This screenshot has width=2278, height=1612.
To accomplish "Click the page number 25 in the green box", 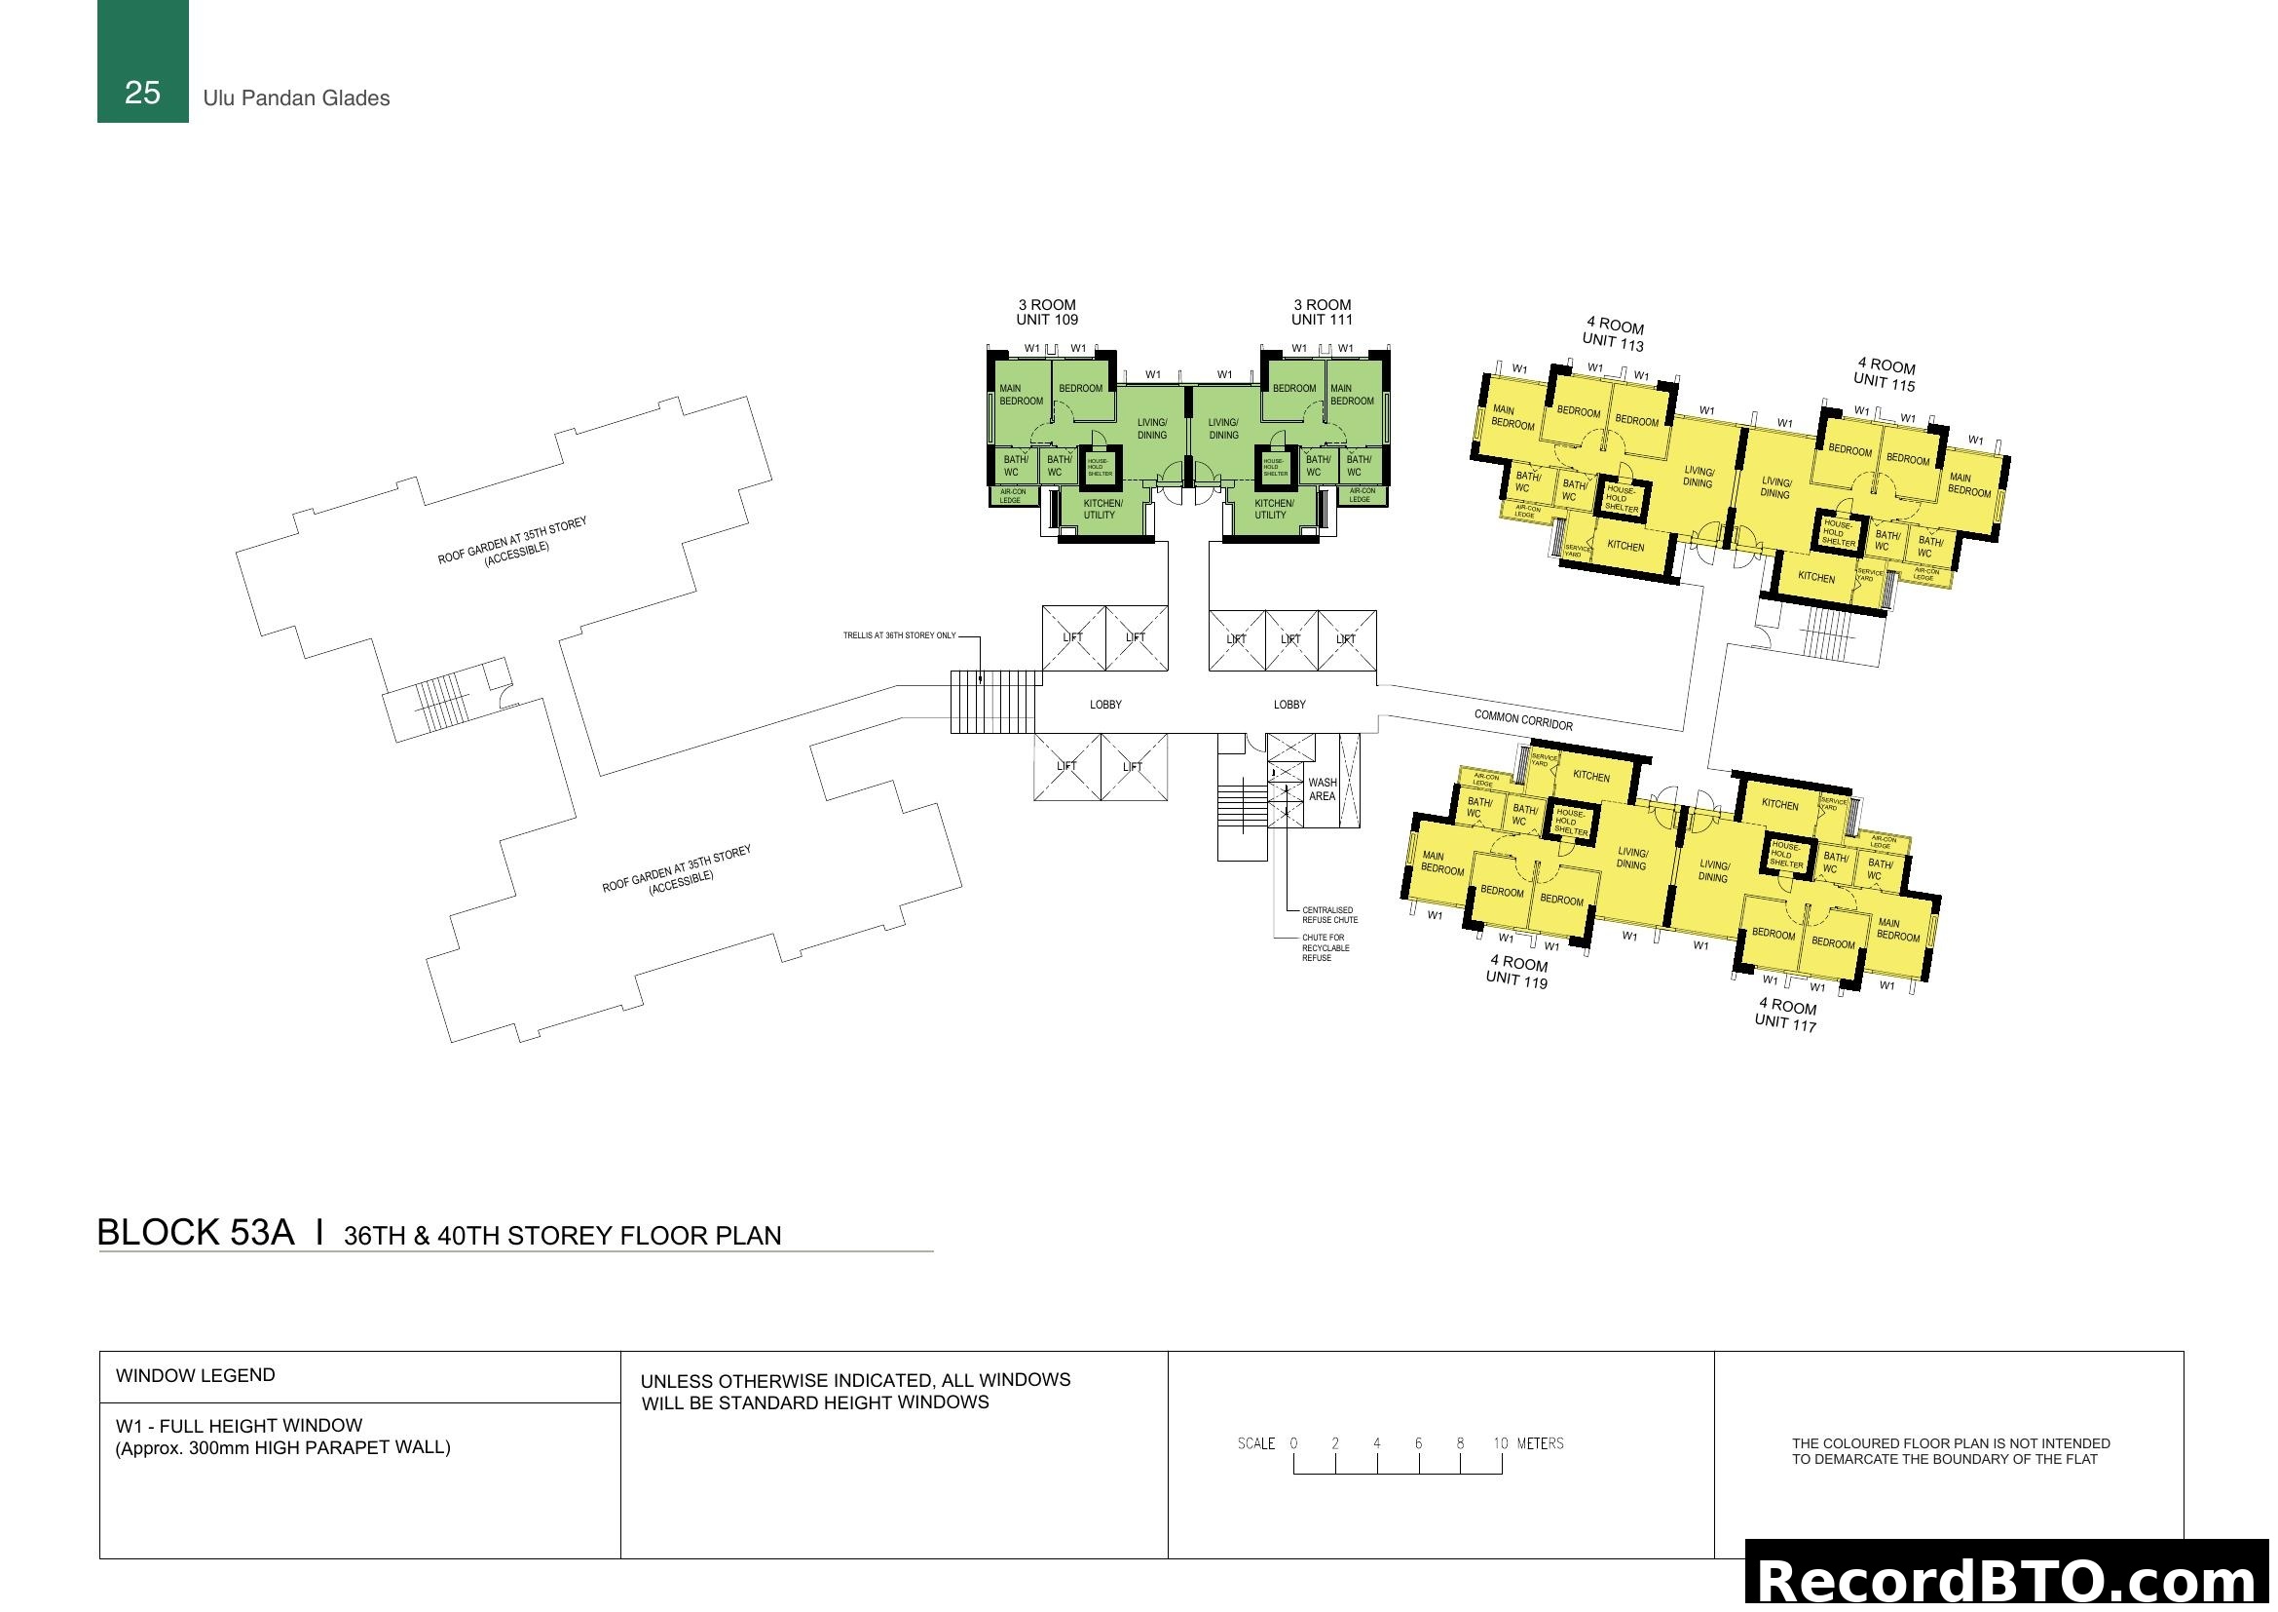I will pyautogui.click(x=142, y=93).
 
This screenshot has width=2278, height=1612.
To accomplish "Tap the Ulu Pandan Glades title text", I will pyautogui.click(x=296, y=98).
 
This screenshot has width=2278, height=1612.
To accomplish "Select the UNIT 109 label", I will pyautogui.click(x=1047, y=320).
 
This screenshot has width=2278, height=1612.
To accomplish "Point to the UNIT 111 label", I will pyautogui.click(x=1322, y=320).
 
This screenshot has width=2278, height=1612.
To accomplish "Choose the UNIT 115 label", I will pyautogui.click(x=1884, y=381).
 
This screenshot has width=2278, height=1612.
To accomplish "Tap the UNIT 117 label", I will pyautogui.click(x=1785, y=1022).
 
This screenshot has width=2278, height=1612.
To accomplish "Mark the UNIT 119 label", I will pyautogui.click(x=1516, y=979).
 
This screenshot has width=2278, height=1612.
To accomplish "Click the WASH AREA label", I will pyautogui.click(x=1322, y=789).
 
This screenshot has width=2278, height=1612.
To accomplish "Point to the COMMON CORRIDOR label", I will pyautogui.click(x=1523, y=720).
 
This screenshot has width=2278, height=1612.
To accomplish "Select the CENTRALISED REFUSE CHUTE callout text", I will pyautogui.click(x=1329, y=915).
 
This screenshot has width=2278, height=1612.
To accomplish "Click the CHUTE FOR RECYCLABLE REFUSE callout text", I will pyautogui.click(x=1325, y=948).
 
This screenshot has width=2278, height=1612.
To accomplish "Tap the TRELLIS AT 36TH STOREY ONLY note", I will pyautogui.click(x=899, y=635).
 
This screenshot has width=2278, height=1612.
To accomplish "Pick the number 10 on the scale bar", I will pyautogui.click(x=1500, y=1443).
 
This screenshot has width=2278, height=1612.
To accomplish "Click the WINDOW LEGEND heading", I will pyautogui.click(x=196, y=1376).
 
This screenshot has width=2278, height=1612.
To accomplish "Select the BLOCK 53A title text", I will pyautogui.click(x=196, y=1232).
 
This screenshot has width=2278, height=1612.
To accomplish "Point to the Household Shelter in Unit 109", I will pyautogui.click(x=1099, y=467).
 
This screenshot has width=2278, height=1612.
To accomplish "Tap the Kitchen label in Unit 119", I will pyautogui.click(x=1591, y=777).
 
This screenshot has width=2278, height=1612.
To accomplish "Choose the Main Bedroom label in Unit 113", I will pyautogui.click(x=1512, y=417).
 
